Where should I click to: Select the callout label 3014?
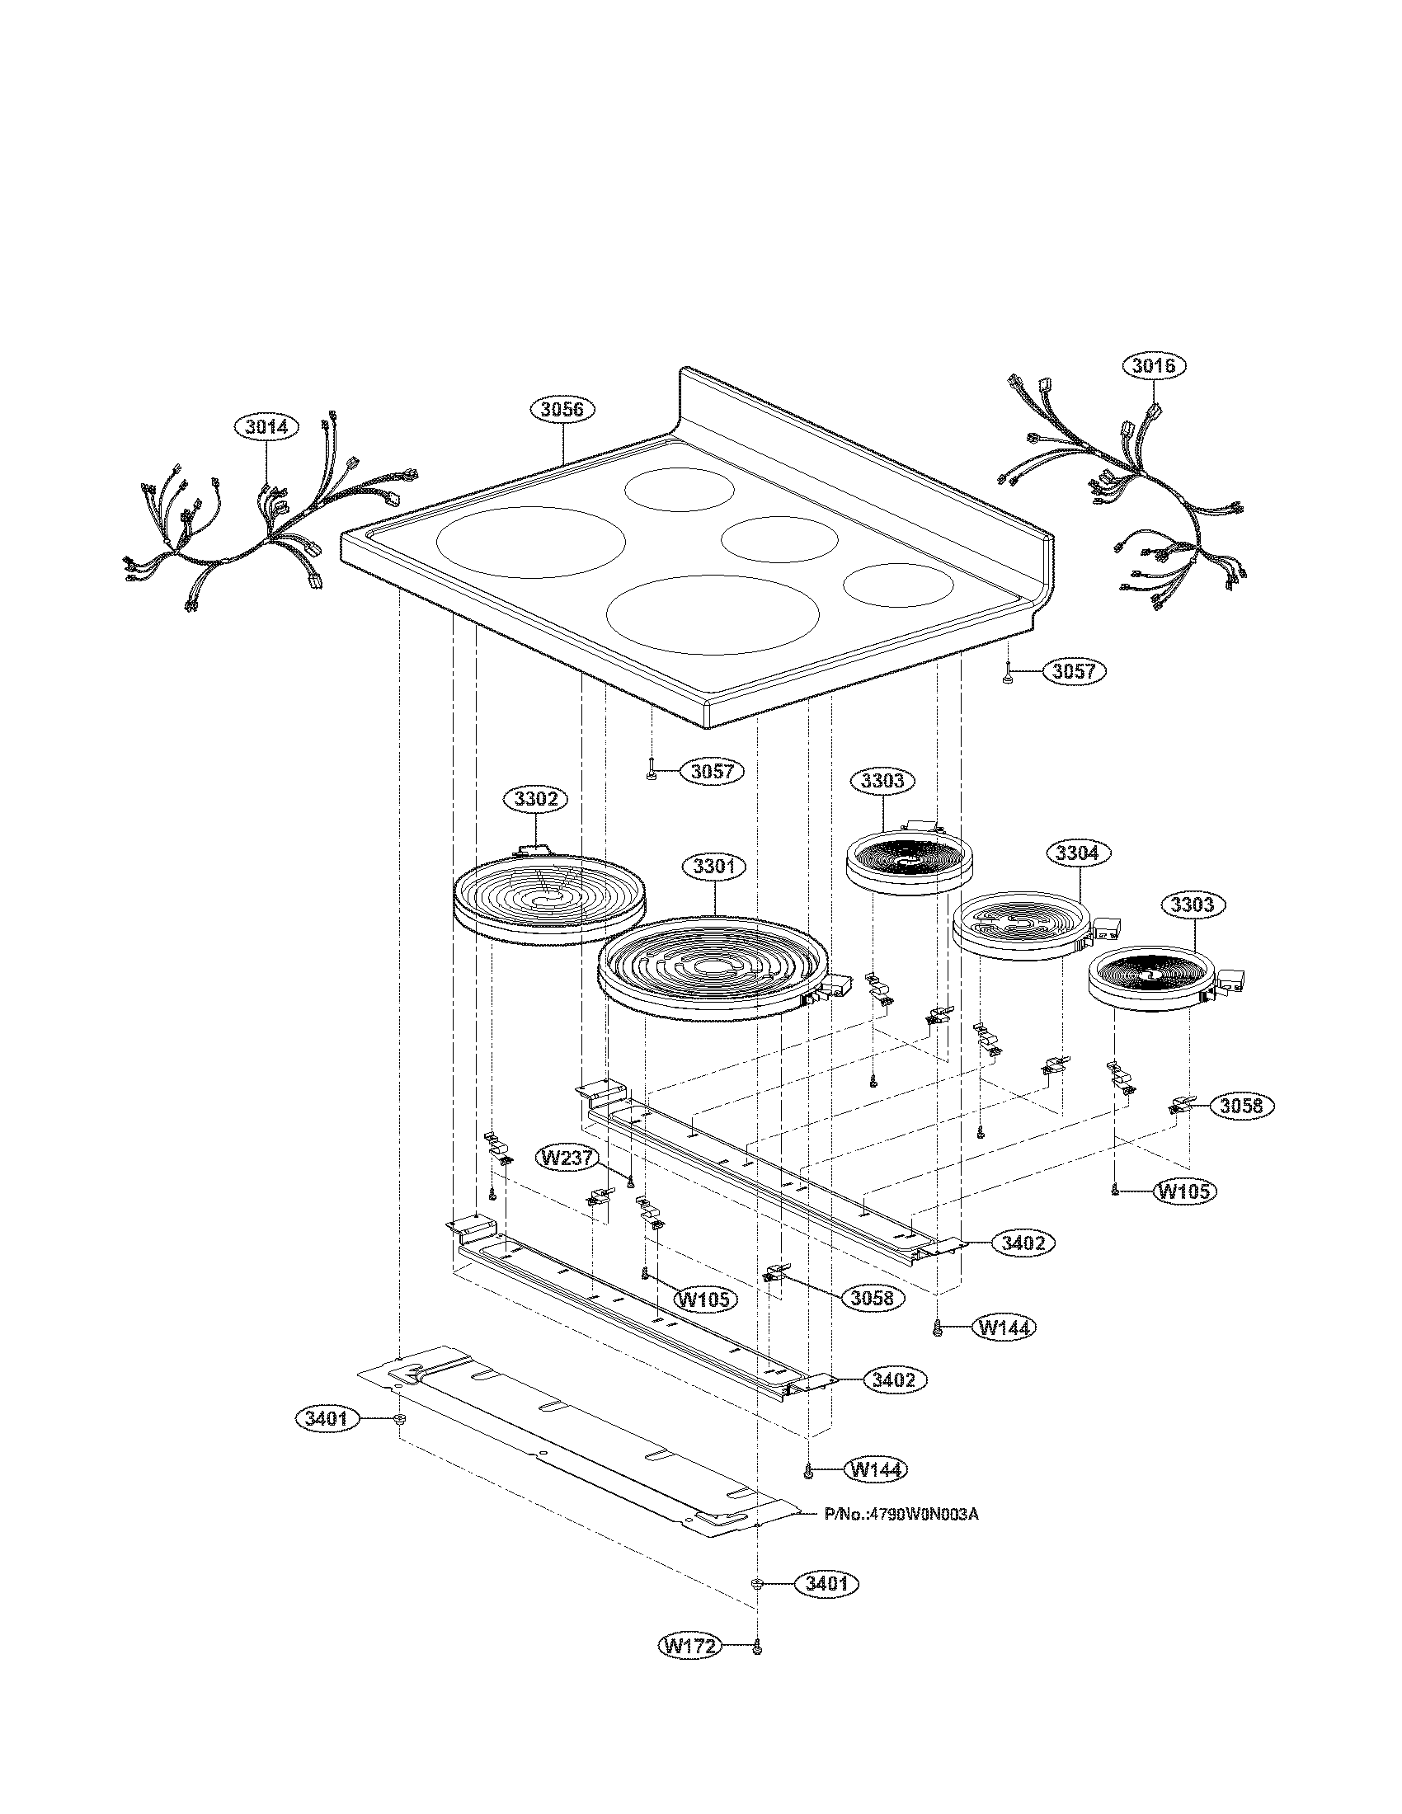click(266, 427)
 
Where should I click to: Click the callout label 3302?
click(536, 799)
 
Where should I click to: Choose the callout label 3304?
click(1078, 853)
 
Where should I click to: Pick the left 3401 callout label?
click(327, 1419)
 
